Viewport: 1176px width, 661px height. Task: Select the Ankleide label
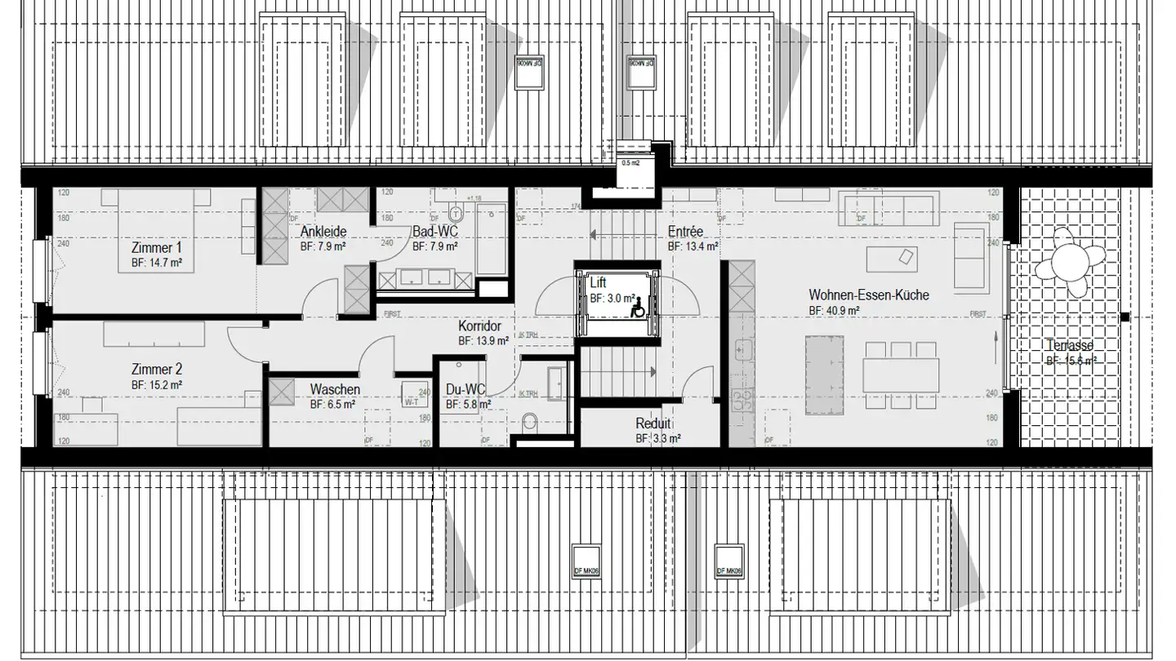(323, 231)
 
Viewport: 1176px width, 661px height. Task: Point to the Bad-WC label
(434, 231)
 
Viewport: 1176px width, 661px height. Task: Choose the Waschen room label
(334, 389)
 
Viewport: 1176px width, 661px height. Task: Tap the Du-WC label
(466, 389)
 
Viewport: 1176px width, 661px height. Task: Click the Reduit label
(653, 424)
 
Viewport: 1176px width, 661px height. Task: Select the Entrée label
(685, 231)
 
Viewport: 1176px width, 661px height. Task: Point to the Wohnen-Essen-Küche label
(869, 295)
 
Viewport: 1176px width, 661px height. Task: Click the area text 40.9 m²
(834, 311)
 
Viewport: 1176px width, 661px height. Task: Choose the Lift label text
(598, 283)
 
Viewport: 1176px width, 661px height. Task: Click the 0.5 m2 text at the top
(631, 163)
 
